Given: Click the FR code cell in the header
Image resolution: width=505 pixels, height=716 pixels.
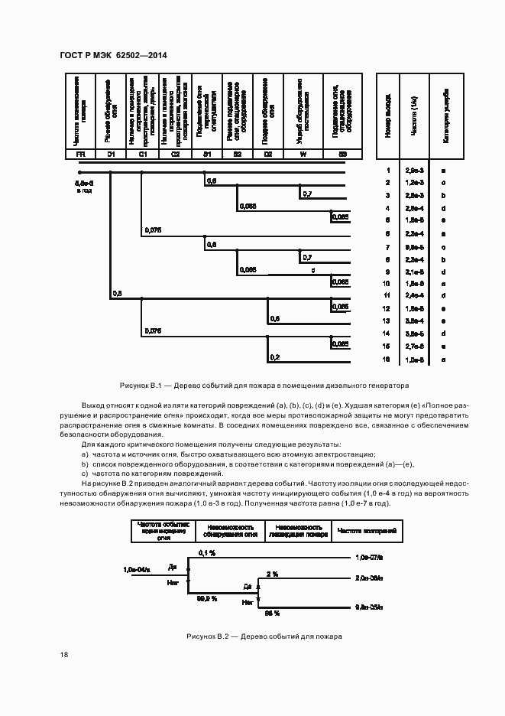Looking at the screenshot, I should pos(80,155).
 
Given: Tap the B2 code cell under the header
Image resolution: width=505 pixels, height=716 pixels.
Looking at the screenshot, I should pos(238,155).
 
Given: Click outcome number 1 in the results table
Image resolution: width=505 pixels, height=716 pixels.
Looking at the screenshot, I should pos(388,170).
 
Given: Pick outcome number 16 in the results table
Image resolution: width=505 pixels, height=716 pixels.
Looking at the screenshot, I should pos(388,359).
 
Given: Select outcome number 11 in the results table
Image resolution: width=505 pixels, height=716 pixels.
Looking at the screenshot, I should pos(388,295).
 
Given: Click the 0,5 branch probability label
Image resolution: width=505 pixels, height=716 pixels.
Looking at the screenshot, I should pos(117,293).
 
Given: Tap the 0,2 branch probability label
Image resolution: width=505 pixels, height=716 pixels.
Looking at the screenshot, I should pos(275,357).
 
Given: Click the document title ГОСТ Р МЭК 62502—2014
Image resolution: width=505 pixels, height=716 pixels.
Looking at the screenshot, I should pos(112,55).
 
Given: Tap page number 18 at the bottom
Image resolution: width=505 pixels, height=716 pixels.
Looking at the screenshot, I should pos(63,655).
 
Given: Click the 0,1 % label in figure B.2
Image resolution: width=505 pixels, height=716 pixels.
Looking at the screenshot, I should pos(207,552).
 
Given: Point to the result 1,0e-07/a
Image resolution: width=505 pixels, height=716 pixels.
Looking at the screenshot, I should pos(371,558).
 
